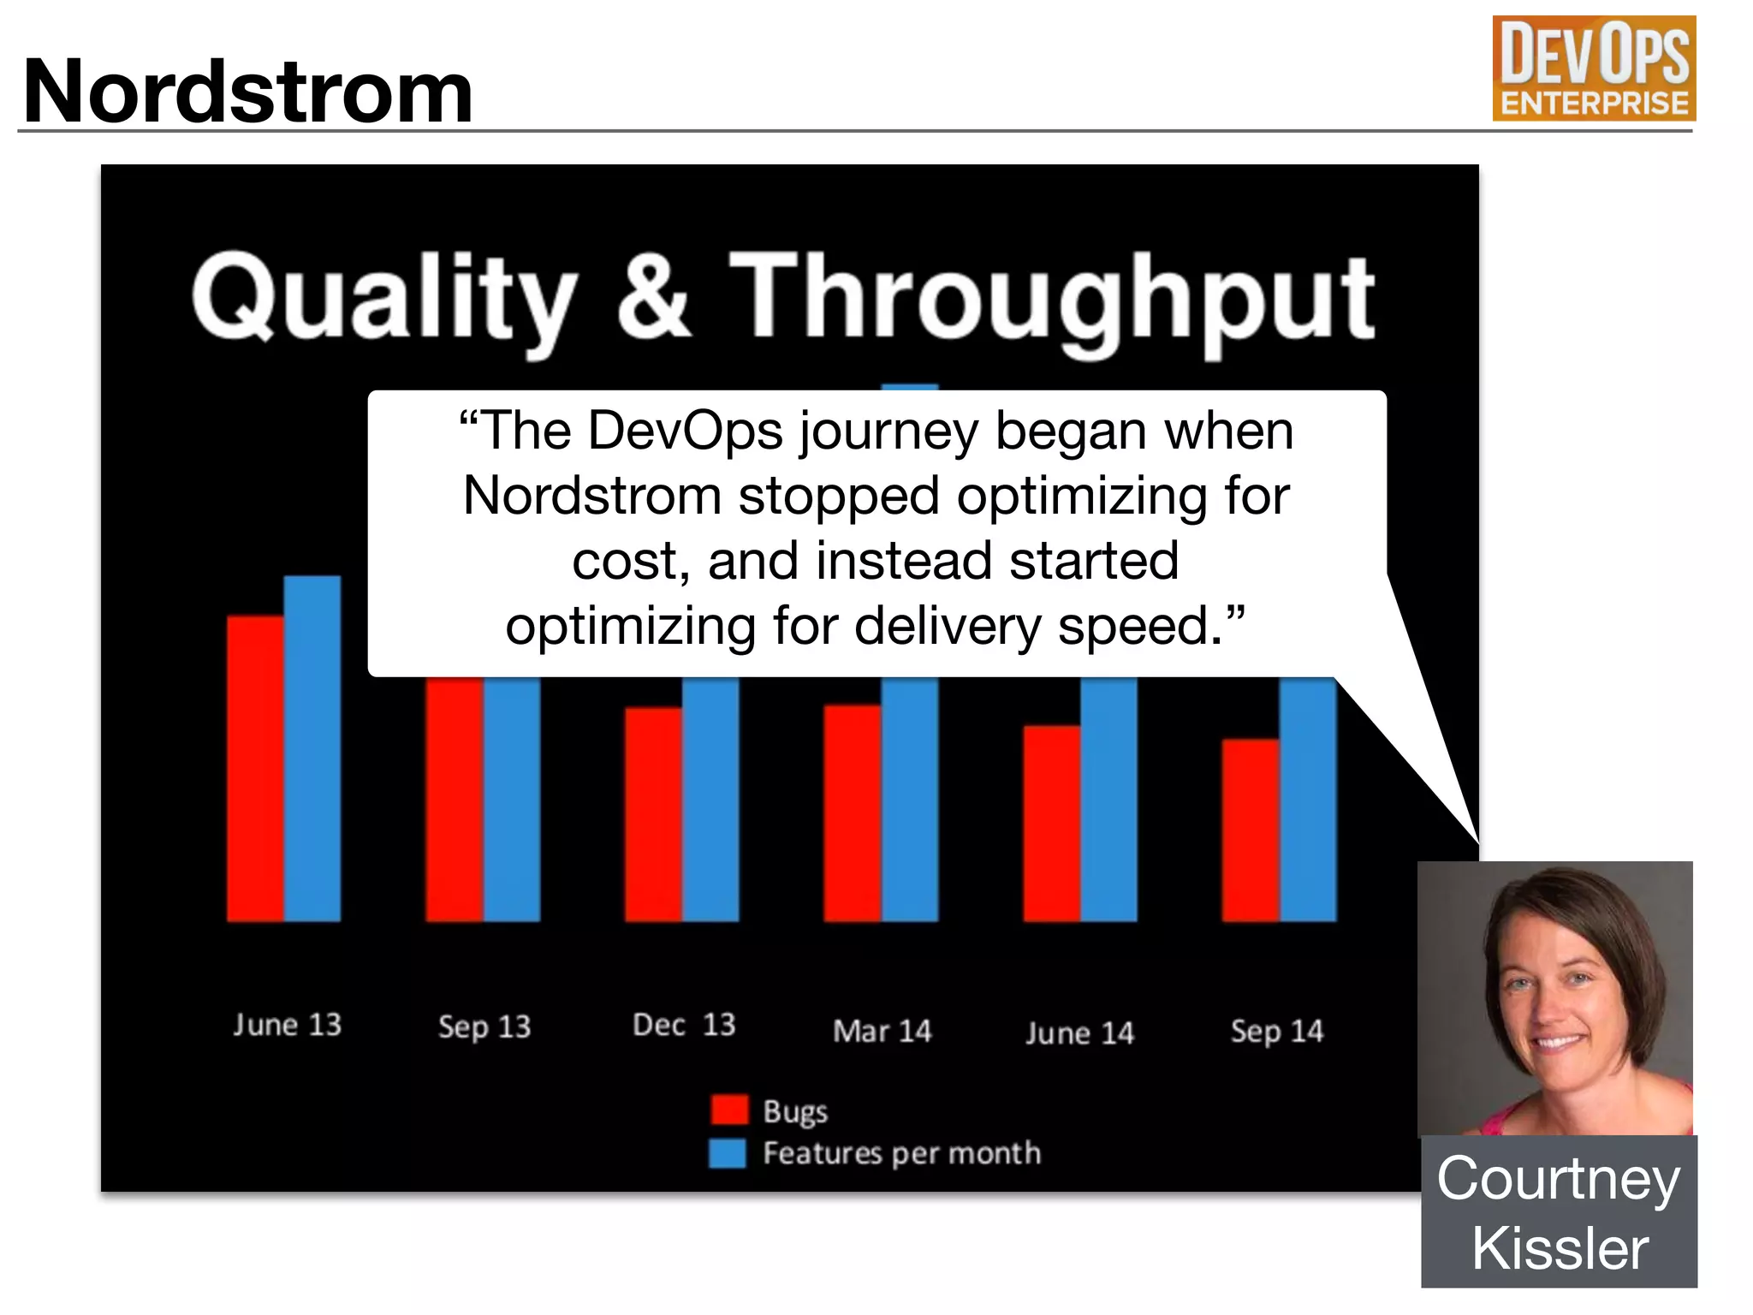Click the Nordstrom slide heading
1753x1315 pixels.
(x=248, y=91)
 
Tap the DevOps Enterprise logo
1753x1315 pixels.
(x=1594, y=68)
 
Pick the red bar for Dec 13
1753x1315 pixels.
(x=653, y=813)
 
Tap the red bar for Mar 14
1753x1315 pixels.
(x=852, y=812)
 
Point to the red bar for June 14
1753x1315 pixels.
(x=1051, y=823)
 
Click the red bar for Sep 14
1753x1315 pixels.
(x=1250, y=830)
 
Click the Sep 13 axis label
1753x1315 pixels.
(x=484, y=1026)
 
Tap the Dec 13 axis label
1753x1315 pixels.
(x=684, y=1025)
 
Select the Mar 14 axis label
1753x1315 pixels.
(x=882, y=1031)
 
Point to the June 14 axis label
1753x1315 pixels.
(x=1079, y=1032)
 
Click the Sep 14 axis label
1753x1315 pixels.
(x=1277, y=1031)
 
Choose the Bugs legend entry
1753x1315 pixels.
(x=770, y=1110)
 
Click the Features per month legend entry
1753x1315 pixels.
(x=875, y=1153)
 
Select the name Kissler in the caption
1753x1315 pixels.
(x=1560, y=1249)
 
